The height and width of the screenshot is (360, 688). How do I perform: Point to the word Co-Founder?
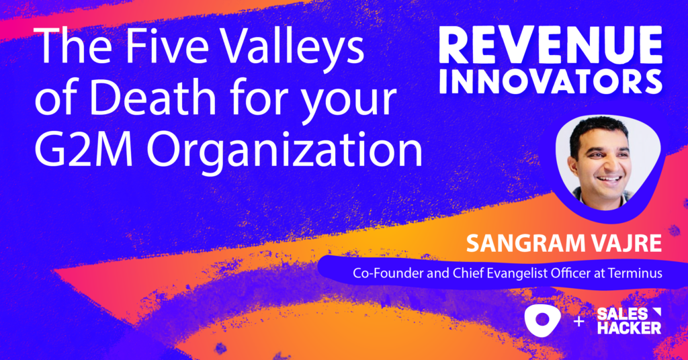coord(384,273)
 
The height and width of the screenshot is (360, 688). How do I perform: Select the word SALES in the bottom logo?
coord(620,313)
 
